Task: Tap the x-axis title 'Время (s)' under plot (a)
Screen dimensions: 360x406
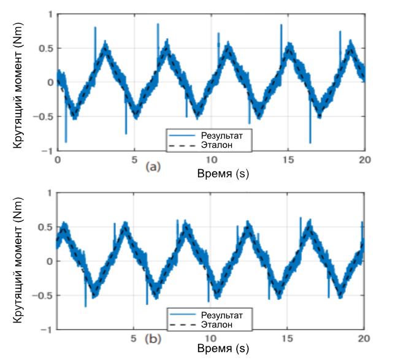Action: [223, 174]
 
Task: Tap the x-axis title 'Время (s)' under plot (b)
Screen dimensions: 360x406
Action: [223, 349]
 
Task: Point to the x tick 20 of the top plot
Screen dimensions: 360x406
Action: [364, 158]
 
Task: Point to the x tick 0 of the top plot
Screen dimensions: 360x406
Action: [57, 158]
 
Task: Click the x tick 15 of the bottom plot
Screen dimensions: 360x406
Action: [287, 338]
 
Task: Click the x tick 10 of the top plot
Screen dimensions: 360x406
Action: [210, 158]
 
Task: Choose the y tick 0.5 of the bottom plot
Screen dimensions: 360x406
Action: [47, 227]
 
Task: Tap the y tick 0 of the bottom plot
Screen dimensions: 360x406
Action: [50, 261]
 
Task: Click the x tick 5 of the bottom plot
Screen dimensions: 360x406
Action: [134, 338]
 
